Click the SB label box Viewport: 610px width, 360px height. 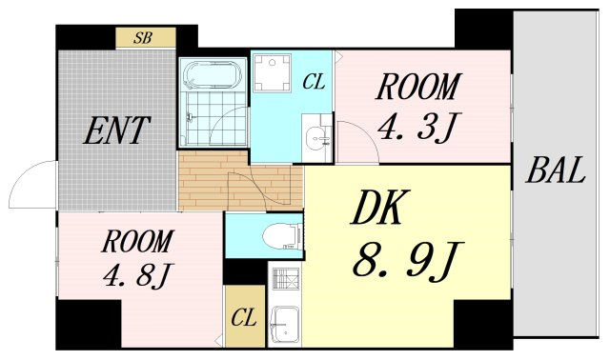click(x=146, y=38)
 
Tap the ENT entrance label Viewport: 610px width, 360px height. click(x=116, y=130)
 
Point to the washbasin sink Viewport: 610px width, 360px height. click(x=317, y=138)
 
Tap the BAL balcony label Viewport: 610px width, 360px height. click(x=556, y=170)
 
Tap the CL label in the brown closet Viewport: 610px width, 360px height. click(x=244, y=318)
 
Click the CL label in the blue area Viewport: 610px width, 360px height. click(x=314, y=82)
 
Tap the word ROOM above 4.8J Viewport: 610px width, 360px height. click(x=137, y=242)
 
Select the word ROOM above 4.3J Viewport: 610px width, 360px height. click(x=418, y=87)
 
